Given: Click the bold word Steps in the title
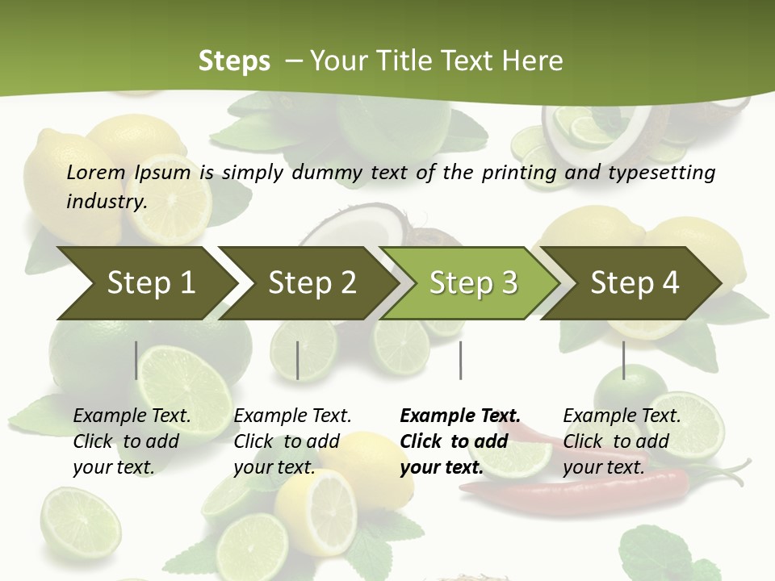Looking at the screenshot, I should [x=234, y=61].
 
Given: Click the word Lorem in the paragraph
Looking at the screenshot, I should [x=95, y=172].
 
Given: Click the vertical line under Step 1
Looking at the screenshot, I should [x=136, y=360].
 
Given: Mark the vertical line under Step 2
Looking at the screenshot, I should [x=298, y=360].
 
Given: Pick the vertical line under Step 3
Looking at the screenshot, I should [x=460, y=360].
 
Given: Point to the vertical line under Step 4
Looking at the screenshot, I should [x=623, y=360].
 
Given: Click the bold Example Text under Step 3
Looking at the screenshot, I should [x=460, y=416].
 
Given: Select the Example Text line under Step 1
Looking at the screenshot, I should [x=132, y=416].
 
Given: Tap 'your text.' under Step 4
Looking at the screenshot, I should [x=603, y=467].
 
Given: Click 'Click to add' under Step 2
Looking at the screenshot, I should [x=287, y=441].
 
